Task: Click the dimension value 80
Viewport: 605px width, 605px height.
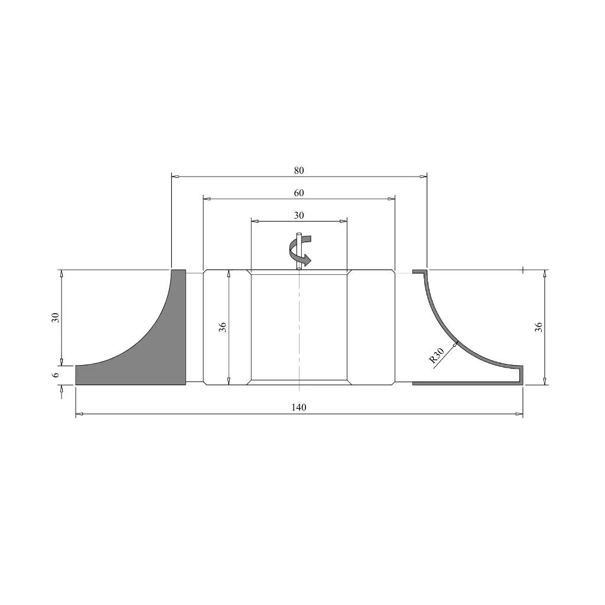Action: (298, 171)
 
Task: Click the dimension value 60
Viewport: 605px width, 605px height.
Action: (298, 193)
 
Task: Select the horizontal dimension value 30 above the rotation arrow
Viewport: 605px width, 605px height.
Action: (298, 215)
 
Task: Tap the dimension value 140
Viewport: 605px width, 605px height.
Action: (298, 408)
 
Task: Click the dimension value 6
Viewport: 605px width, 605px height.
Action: (56, 375)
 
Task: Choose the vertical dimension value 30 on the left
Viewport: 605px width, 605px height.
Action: (56, 317)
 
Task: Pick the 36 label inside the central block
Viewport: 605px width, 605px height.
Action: (223, 327)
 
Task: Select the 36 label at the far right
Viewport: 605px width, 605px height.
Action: (539, 327)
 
